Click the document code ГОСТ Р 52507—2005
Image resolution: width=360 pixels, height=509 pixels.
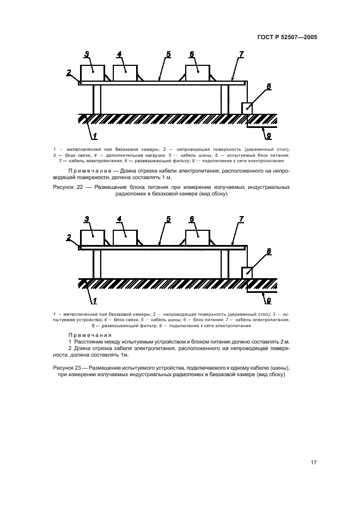(x=286, y=38)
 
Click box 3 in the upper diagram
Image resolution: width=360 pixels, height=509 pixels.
(x=92, y=73)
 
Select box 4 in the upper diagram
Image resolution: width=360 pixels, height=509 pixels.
(x=125, y=73)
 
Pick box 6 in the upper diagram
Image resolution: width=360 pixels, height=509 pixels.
(x=197, y=73)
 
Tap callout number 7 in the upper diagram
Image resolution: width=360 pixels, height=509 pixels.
(x=241, y=54)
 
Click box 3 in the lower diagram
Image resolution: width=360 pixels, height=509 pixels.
(x=92, y=238)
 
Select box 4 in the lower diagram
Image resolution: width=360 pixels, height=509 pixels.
(x=125, y=238)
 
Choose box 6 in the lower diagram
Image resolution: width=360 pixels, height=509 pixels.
(x=197, y=238)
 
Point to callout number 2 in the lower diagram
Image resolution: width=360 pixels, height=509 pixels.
(x=69, y=237)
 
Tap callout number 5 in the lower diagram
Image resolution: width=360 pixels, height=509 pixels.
(x=169, y=219)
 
